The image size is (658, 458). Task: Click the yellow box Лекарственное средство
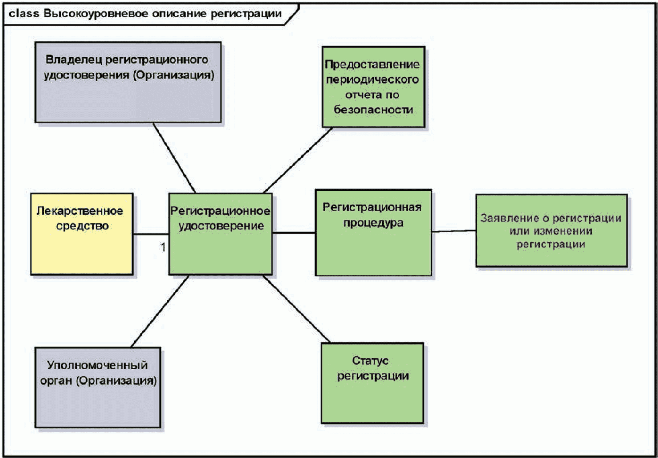coord(82,234)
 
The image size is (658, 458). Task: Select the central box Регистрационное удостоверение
coord(220,234)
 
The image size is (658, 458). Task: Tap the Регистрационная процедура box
coord(373,233)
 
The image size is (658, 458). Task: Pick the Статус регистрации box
coord(372,383)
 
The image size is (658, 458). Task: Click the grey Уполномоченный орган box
coord(98,387)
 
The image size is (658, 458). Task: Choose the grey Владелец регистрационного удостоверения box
coord(128,82)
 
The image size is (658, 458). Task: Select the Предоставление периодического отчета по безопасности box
coord(373,87)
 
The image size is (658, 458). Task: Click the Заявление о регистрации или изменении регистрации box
coord(551,231)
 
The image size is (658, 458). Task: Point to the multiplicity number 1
coord(163,247)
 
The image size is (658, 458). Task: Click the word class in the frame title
coord(24,14)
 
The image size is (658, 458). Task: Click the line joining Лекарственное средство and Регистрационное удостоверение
coord(151,234)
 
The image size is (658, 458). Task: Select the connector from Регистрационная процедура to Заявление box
coord(454,231)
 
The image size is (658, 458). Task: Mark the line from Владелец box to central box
coord(174,158)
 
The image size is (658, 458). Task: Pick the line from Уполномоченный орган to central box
coord(160,311)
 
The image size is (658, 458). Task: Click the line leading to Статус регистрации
coord(297,309)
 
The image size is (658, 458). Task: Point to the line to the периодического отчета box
coord(298,160)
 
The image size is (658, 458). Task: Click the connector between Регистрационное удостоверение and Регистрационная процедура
coord(294,233)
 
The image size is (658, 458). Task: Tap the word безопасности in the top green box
coord(373,109)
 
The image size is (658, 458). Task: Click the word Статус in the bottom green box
coord(370,361)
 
